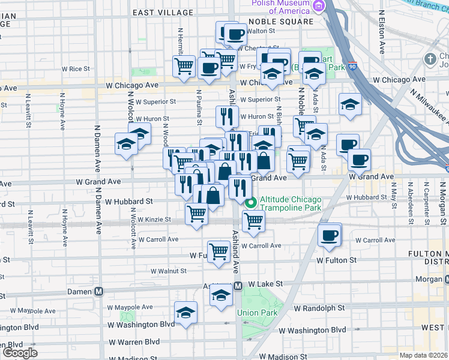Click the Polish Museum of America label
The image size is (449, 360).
tap(281, 7)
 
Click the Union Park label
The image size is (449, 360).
tap(257, 313)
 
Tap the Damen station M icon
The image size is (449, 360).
tap(99, 291)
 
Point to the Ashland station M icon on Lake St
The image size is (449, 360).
tap(238, 286)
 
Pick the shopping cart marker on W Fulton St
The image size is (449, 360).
tap(218, 251)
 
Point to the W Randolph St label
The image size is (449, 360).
tap(319, 308)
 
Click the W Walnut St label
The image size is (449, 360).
tap(168, 271)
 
